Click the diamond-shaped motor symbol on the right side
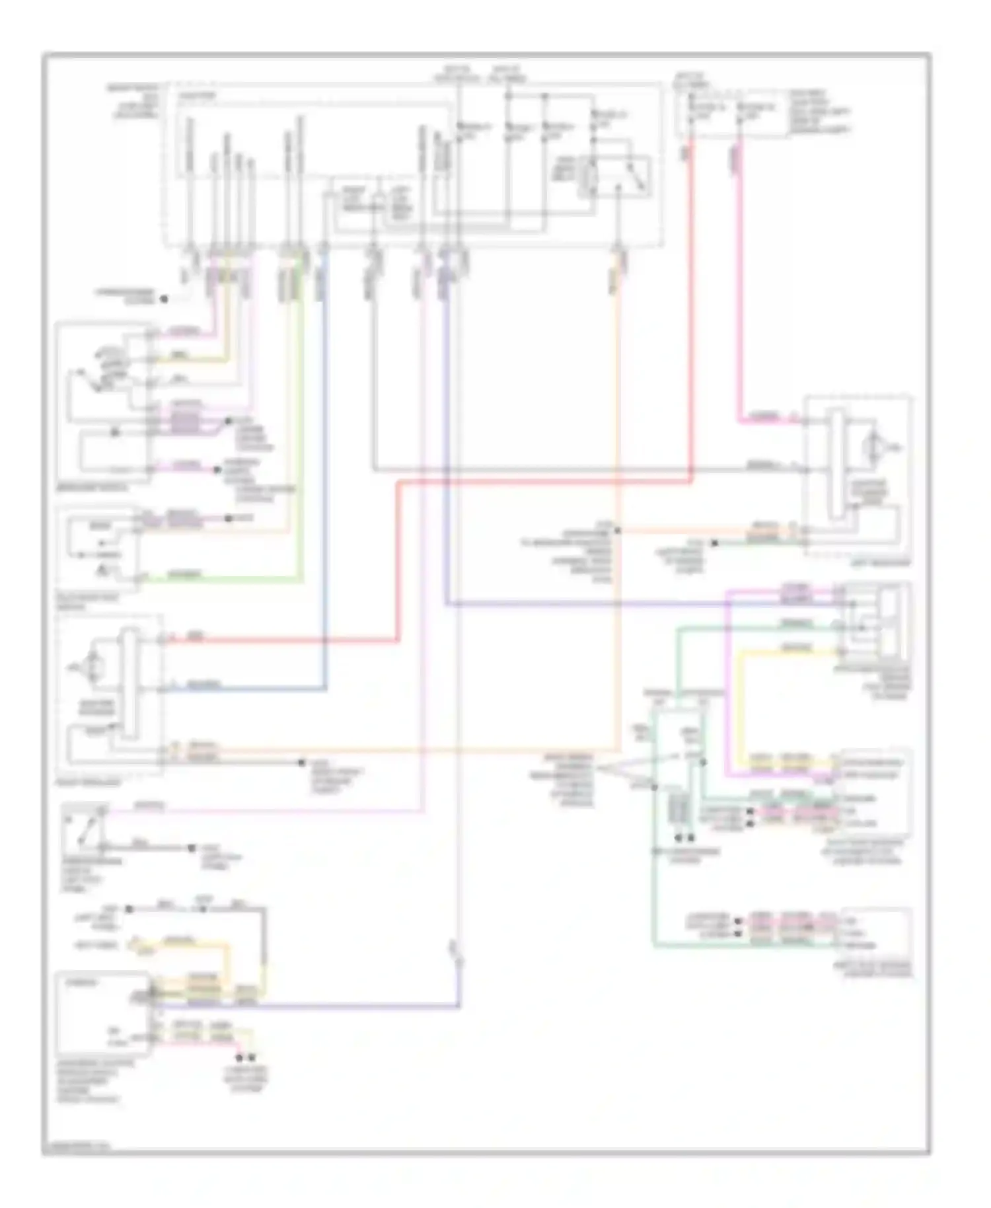(874, 449)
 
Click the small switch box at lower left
(85, 829)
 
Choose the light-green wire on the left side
(301, 463)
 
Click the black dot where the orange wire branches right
(618, 530)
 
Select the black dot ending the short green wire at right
(714, 544)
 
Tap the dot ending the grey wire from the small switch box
(192, 847)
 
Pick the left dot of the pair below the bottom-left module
(241, 1057)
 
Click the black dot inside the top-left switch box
(115, 432)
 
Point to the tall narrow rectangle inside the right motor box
(837, 464)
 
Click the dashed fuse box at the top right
(730, 112)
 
